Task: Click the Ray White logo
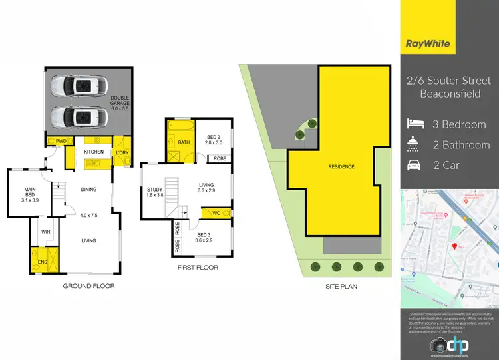pyautogui.click(x=429, y=45)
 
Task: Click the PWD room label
pyautogui.click(x=60, y=141)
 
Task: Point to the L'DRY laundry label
pyautogui.click(x=122, y=152)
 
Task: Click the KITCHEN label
pyautogui.click(x=94, y=152)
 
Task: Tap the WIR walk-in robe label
pyautogui.click(x=47, y=232)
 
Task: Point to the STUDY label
pyautogui.click(x=155, y=192)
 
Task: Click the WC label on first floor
pyautogui.click(x=216, y=213)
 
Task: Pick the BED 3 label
pyautogui.click(x=209, y=236)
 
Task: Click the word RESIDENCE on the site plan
pyautogui.click(x=341, y=166)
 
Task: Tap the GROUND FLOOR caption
pyautogui.click(x=88, y=286)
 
